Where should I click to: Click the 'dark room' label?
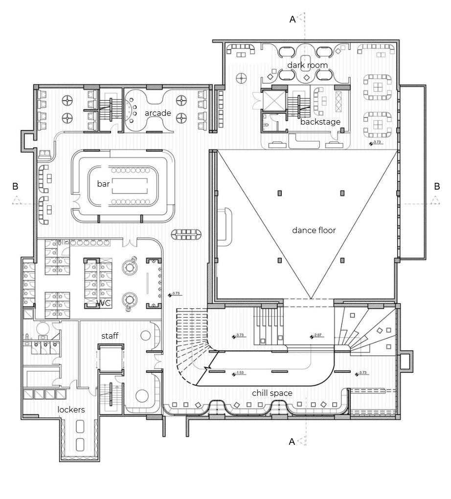pos(307,65)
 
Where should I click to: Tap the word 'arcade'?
pos(158,113)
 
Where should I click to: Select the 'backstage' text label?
pos(320,122)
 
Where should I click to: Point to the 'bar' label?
pos(103,184)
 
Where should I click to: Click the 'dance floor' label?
pos(314,230)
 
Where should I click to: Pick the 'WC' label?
pos(104,304)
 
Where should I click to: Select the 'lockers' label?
pos(71,410)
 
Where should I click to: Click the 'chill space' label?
pos(272,393)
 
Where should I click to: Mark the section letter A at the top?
pos(293,20)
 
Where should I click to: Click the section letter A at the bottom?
pos(292,442)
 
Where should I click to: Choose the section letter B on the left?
pos(15,186)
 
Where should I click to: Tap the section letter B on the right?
pos(437,186)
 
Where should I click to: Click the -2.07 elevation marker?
pos(318,336)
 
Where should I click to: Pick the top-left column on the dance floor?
pos(280,193)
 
